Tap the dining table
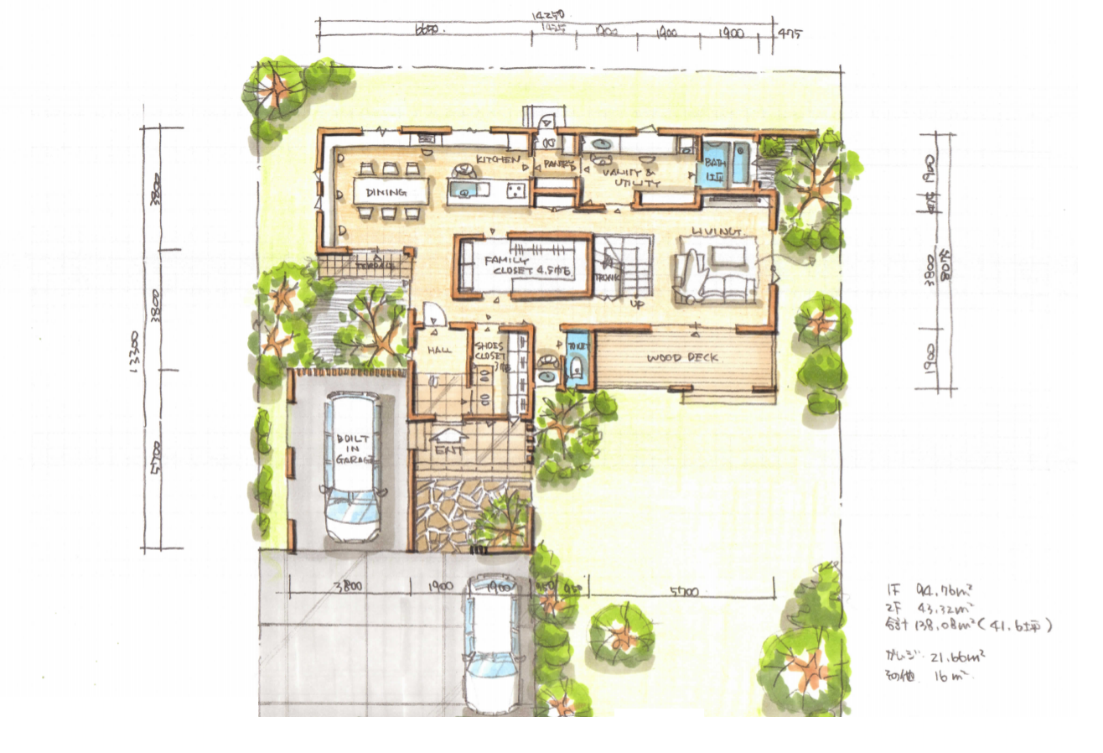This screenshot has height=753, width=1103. click(x=390, y=191)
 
